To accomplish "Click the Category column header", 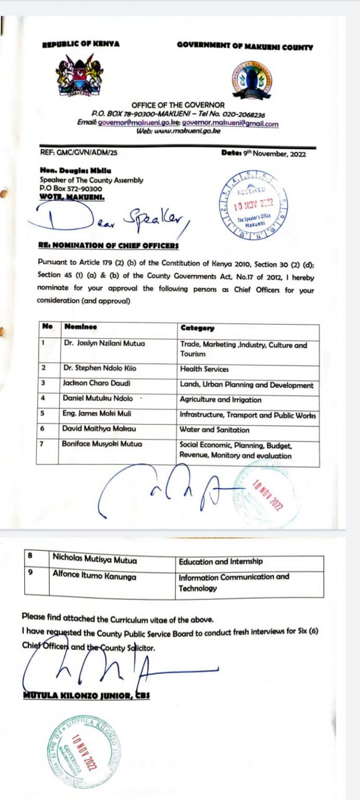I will click(x=197, y=328).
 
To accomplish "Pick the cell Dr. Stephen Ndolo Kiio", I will click(x=100, y=368).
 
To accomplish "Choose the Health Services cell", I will click(x=204, y=369).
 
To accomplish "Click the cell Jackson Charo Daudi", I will click(x=96, y=383).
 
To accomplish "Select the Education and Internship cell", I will click(x=220, y=561).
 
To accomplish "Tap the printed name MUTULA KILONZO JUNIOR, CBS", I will click(x=86, y=696).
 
